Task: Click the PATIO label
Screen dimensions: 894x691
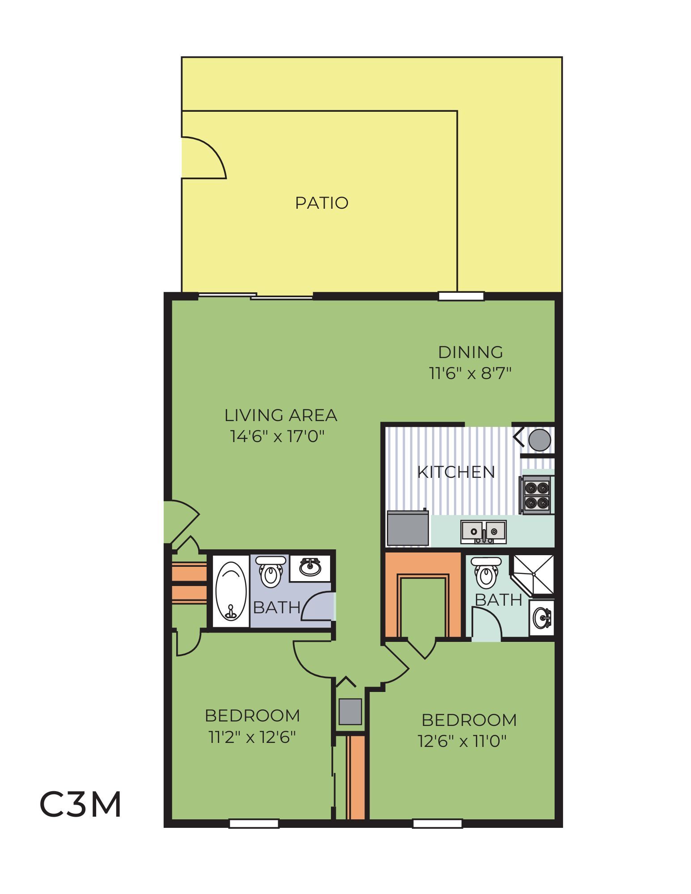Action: [322, 203]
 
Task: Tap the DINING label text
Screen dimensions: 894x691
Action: [470, 353]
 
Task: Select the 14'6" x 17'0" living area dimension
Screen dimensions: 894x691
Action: [277, 436]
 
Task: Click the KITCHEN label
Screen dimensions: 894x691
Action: [456, 472]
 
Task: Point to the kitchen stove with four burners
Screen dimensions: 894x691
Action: [536, 495]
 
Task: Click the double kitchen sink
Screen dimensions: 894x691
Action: [484, 532]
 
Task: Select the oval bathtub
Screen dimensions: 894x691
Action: [231, 590]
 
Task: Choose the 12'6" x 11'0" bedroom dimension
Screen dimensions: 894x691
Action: [462, 742]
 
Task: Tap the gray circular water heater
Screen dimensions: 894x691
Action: [539, 440]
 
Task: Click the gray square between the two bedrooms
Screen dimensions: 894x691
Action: [350, 712]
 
